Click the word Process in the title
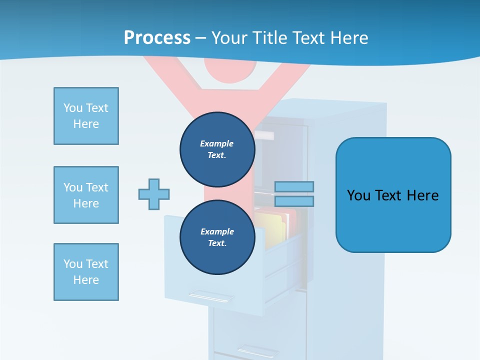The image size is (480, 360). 157,38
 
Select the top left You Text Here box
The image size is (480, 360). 86,116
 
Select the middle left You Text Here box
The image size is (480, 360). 86,195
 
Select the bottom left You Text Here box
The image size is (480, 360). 86,272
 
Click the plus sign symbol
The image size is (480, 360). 154,194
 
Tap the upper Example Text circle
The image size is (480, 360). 217,149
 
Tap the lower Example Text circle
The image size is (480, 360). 217,237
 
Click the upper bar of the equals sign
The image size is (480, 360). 294,187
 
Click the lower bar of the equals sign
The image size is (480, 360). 294,201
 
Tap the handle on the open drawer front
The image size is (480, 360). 211,296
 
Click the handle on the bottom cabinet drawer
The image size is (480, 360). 258,350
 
